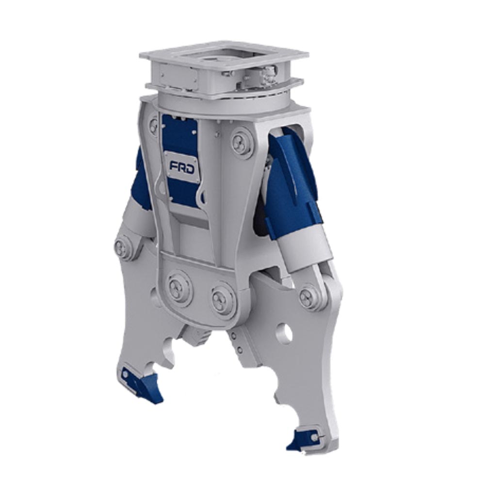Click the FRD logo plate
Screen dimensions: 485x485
[x=182, y=166]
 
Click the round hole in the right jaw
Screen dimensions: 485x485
[x=285, y=334]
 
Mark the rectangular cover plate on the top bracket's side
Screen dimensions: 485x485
[x=177, y=77]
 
